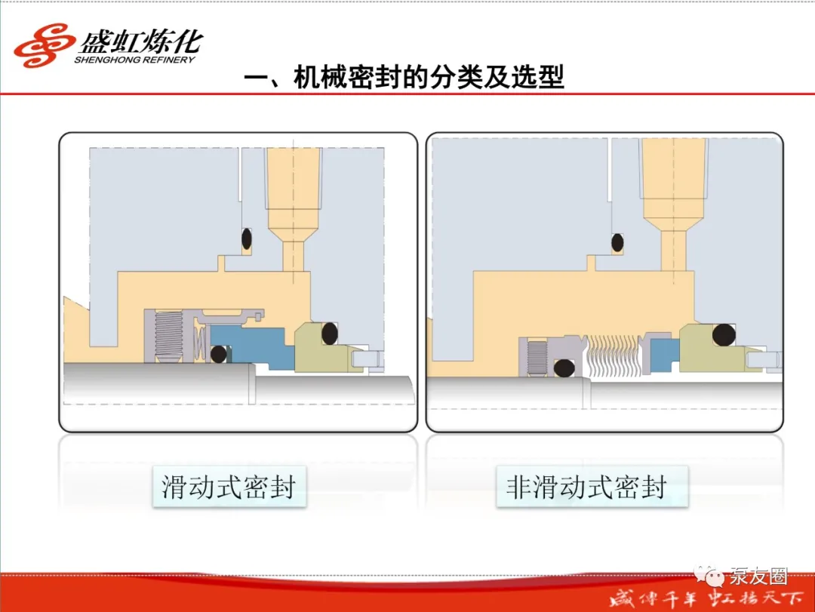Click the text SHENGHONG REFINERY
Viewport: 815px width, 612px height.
[x=134, y=60]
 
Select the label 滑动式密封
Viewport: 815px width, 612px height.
[x=229, y=487]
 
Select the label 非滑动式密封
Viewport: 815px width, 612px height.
[x=586, y=487]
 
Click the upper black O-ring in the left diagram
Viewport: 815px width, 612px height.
[x=246, y=239]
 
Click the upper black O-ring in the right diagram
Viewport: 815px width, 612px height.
[x=617, y=242]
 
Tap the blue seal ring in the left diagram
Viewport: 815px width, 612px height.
[x=250, y=346]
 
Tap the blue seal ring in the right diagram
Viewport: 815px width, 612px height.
[x=665, y=355]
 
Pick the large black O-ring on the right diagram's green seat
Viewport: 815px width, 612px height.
[x=724, y=335]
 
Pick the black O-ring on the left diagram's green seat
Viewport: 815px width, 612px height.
[x=330, y=334]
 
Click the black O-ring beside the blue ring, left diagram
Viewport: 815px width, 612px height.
[x=219, y=354]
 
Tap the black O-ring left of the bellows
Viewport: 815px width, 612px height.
[x=564, y=368]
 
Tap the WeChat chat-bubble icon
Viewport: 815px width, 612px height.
[x=710, y=575]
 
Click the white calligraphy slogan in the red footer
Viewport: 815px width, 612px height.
[x=706, y=599]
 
